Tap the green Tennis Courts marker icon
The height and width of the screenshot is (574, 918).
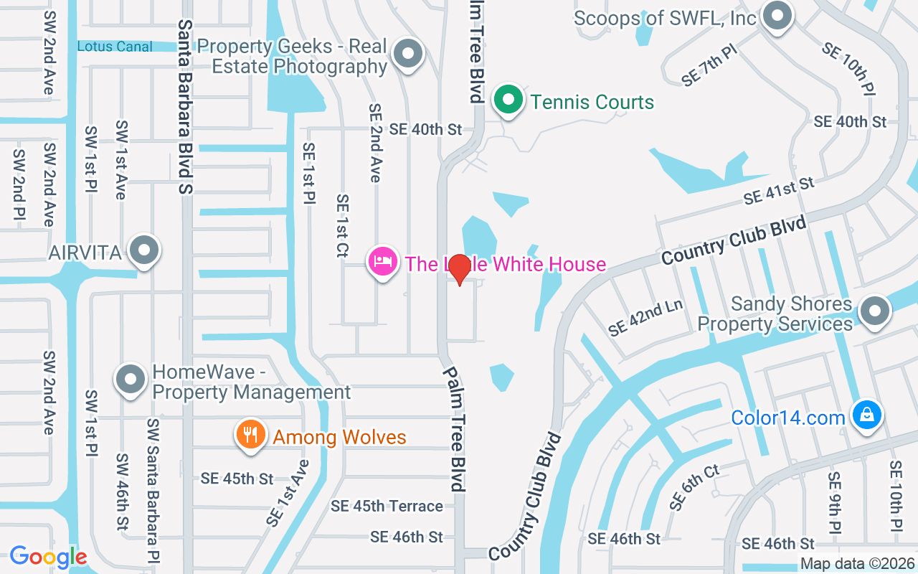508,100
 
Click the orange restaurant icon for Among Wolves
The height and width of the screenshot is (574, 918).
250,435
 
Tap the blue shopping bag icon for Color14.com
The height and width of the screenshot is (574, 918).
866,415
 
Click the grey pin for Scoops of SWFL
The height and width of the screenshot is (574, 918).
776,16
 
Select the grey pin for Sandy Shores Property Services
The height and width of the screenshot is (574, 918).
874,312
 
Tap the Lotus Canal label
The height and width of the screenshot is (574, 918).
115,47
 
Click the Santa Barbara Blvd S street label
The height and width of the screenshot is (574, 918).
185,106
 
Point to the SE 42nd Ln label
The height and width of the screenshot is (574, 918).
645,318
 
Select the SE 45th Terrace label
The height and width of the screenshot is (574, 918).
387,506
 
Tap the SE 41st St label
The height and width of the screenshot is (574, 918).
779,190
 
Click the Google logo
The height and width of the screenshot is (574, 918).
48,556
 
